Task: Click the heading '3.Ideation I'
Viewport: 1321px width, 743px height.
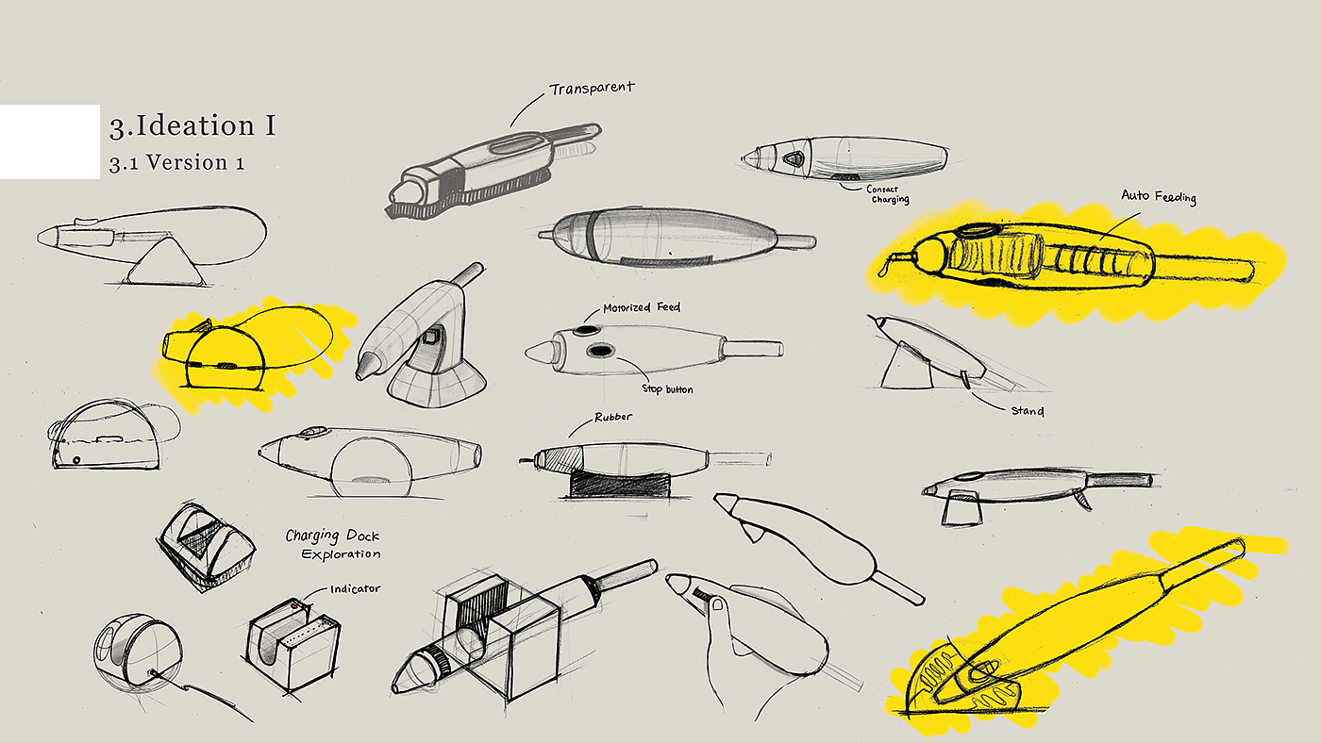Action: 192,126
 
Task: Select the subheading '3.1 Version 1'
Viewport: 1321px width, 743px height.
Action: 176,162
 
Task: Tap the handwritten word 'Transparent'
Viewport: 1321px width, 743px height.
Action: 592,89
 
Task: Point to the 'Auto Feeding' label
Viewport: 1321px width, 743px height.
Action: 1158,197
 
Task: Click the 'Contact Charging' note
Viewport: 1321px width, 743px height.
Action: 887,194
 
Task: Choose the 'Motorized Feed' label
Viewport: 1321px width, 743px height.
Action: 642,307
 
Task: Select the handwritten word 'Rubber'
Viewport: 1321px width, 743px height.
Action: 613,417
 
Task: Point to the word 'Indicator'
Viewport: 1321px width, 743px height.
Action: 355,588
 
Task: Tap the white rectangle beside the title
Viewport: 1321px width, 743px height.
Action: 49,141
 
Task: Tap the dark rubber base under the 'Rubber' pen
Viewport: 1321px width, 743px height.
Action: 617,486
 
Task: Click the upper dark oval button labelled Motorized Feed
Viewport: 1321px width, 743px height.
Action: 586,331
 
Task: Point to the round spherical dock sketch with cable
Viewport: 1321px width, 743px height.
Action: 139,651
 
